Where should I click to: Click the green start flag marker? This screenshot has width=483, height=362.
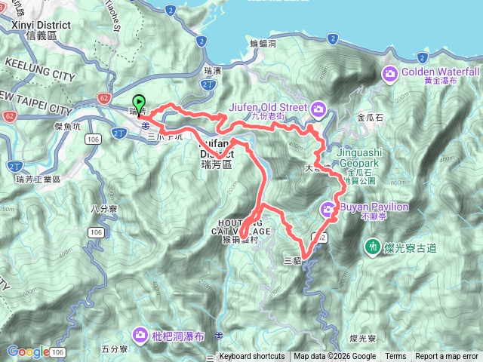[139, 103]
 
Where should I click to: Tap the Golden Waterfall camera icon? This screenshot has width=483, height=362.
[390, 73]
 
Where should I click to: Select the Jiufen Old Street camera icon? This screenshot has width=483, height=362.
[318, 110]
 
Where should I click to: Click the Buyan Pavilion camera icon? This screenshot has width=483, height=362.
[329, 208]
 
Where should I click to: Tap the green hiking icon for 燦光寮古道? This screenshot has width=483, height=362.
[372, 247]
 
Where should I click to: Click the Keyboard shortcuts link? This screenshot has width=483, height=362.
[252, 357]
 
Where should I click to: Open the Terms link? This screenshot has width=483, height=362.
[395, 357]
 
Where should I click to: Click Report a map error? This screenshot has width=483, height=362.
[447, 357]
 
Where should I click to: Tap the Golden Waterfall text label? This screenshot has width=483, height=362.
[441, 71]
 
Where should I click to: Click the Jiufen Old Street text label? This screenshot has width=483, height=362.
[268, 107]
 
